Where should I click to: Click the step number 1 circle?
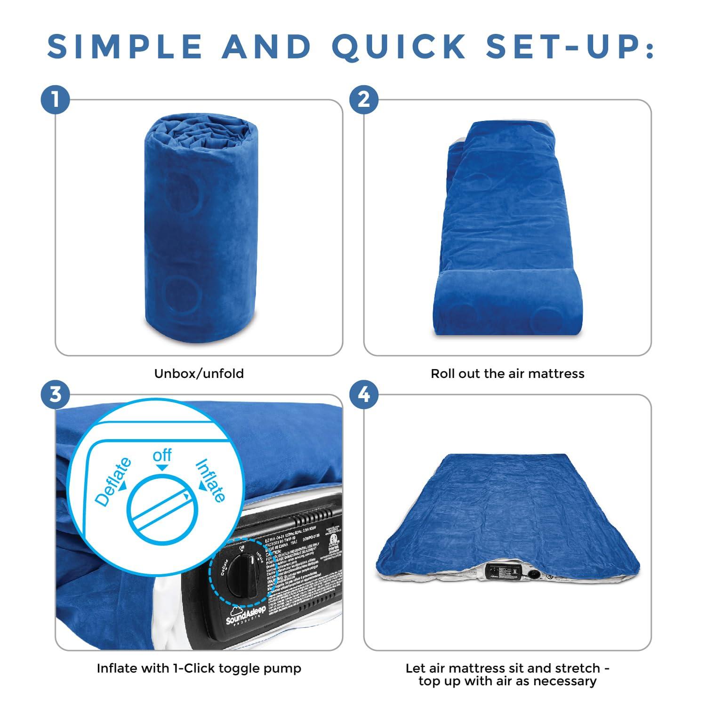[x=56, y=100]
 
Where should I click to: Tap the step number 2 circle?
[x=364, y=100]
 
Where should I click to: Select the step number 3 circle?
[x=56, y=394]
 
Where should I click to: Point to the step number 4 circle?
[x=364, y=394]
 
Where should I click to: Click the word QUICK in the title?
[x=399, y=47]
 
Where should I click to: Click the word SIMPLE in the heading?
[x=125, y=47]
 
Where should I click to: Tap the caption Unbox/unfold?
[x=199, y=374]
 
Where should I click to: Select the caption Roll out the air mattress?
[x=507, y=374]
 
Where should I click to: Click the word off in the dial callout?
[x=162, y=456]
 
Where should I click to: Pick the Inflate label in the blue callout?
[x=210, y=480]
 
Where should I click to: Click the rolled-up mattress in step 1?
[x=201, y=226]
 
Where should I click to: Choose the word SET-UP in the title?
[x=570, y=47]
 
